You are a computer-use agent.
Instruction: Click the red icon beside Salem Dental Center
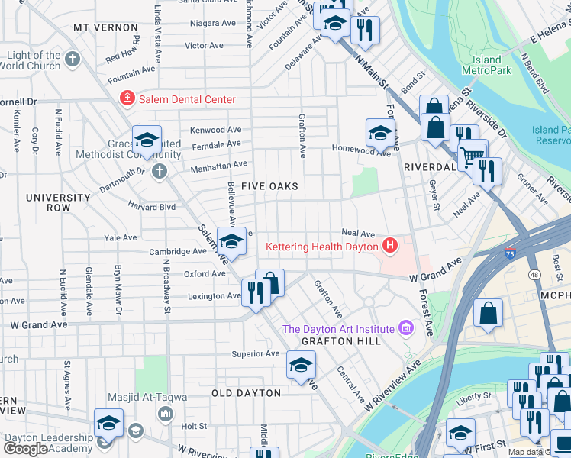pyautogui.click(x=126, y=99)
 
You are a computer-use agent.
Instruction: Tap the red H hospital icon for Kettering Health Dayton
pyautogui.click(x=390, y=246)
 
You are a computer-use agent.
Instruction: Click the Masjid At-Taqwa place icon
pyautogui.click(x=165, y=414)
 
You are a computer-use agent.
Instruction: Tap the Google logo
pyautogui.click(x=25, y=449)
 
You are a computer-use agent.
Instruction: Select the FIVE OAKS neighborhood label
pyautogui.click(x=269, y=186)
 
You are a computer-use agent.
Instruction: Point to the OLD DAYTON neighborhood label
pyautogui.click(x=246, y=393)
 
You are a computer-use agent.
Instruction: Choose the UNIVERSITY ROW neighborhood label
pyautogui.click(x=58, y=202)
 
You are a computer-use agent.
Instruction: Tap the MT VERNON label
pyautogui.click(x=105, y=27)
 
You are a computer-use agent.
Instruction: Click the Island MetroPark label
pyautogui.click(x=487, y=65)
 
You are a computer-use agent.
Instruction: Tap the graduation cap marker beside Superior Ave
pyautogui.click(x=302, y=365)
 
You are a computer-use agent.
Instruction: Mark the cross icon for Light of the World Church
pyautogui.click(x=73, y=60)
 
